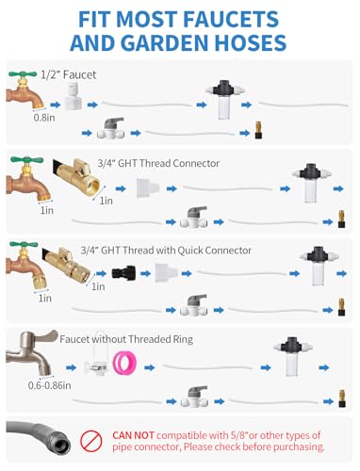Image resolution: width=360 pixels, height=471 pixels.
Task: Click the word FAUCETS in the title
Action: point(231,19)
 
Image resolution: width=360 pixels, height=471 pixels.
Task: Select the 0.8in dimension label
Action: point(44,118)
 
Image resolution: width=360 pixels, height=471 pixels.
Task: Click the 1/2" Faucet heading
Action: point(69,74)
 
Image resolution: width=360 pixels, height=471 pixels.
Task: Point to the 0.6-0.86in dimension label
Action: point(49,385)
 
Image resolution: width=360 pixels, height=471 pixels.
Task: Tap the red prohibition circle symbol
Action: point(90,441)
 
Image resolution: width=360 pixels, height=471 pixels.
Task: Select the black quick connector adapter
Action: point(123,273)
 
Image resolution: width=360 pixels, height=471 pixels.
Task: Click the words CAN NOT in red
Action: point(133,435)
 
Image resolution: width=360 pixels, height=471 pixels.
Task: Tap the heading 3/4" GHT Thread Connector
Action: point(158,163)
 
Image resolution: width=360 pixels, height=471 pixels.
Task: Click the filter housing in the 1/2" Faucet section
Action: point(225,100)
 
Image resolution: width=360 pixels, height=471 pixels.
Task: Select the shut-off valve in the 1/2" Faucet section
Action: point(110,129)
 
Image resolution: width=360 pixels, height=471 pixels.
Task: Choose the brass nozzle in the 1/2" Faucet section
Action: point(258,130)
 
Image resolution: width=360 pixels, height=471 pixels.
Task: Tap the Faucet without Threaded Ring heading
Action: point(126,339)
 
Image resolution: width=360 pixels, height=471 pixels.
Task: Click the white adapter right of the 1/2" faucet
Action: point(74,97)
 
